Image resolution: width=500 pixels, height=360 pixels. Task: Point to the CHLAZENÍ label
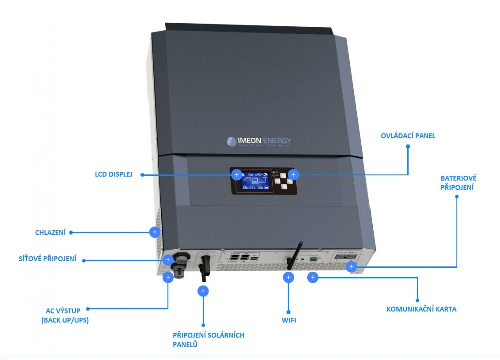(50, 232)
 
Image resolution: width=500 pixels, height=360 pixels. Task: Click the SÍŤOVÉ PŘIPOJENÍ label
(47, 259)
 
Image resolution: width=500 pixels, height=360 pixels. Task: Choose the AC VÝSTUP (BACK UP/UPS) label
(65, 315)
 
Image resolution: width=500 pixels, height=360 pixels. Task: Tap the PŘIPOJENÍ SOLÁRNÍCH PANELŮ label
(208, 339)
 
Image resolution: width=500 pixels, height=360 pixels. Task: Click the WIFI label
(289, 320)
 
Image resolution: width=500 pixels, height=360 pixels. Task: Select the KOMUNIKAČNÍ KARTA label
(421, 309)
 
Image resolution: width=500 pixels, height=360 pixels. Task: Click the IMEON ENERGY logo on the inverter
(259, 141)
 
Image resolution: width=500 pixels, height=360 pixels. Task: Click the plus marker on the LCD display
(237, 175)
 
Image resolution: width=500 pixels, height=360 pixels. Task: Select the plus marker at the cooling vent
(155, 232)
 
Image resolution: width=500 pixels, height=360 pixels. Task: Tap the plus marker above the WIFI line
(289, 278)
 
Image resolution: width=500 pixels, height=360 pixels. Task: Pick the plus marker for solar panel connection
(203, 291)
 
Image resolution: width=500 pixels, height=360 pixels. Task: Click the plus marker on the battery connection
(351, 267)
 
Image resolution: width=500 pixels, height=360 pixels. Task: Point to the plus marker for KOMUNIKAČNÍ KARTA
(313, 277)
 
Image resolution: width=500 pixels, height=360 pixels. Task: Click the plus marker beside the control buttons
(294, 175)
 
